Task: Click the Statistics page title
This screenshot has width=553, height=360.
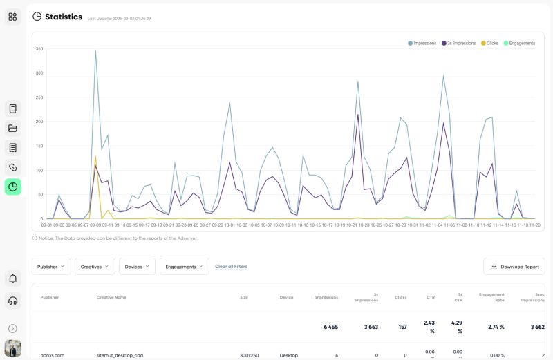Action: click(63, 17)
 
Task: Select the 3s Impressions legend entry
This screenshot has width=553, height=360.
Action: click(458, 43)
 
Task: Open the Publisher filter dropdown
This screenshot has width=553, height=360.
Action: click(51, 266)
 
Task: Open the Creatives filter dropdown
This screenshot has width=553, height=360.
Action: click(95, 266)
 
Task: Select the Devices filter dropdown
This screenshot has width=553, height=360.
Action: click(137, 266)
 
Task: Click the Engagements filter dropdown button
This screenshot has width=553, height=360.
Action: click(184, 266)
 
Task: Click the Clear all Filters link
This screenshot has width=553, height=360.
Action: click(231, 266)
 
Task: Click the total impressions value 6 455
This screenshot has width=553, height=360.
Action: click(326, 326)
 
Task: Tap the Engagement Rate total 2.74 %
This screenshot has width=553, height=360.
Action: click(492, 326)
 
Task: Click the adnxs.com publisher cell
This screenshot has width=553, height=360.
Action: click(53, 355)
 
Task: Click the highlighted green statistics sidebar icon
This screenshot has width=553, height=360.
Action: click(13, 187)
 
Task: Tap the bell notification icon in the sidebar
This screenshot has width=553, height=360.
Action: click(13, 278)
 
